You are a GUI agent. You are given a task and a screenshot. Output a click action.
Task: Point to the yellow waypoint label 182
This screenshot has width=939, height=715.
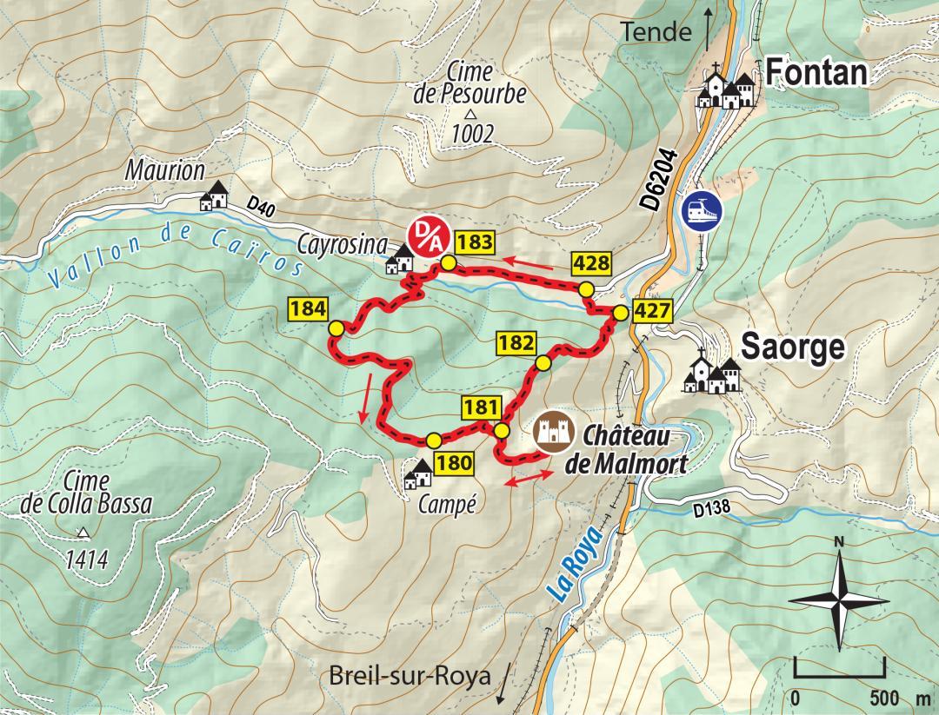click(516, 342)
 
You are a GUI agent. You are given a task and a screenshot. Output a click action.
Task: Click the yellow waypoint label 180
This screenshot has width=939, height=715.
click(454, 462)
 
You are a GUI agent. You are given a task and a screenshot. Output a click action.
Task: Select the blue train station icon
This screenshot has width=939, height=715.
click(703, 209)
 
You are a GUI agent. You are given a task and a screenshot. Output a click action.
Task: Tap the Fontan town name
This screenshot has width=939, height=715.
click(817, 74)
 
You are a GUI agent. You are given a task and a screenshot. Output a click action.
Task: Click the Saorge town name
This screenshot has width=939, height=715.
click(792, 348)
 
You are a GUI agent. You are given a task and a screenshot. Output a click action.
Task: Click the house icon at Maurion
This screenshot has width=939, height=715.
click(214, 196)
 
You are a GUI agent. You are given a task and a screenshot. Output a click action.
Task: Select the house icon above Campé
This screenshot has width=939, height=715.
click(420, 473)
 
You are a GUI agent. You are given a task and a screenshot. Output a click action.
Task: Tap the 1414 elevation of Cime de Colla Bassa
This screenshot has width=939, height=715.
click(86, 559)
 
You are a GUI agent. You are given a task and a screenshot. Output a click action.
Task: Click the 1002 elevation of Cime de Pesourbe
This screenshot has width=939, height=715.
click(472, 134)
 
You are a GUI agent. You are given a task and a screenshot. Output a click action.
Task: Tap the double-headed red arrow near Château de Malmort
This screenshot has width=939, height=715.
click(529, 478)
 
